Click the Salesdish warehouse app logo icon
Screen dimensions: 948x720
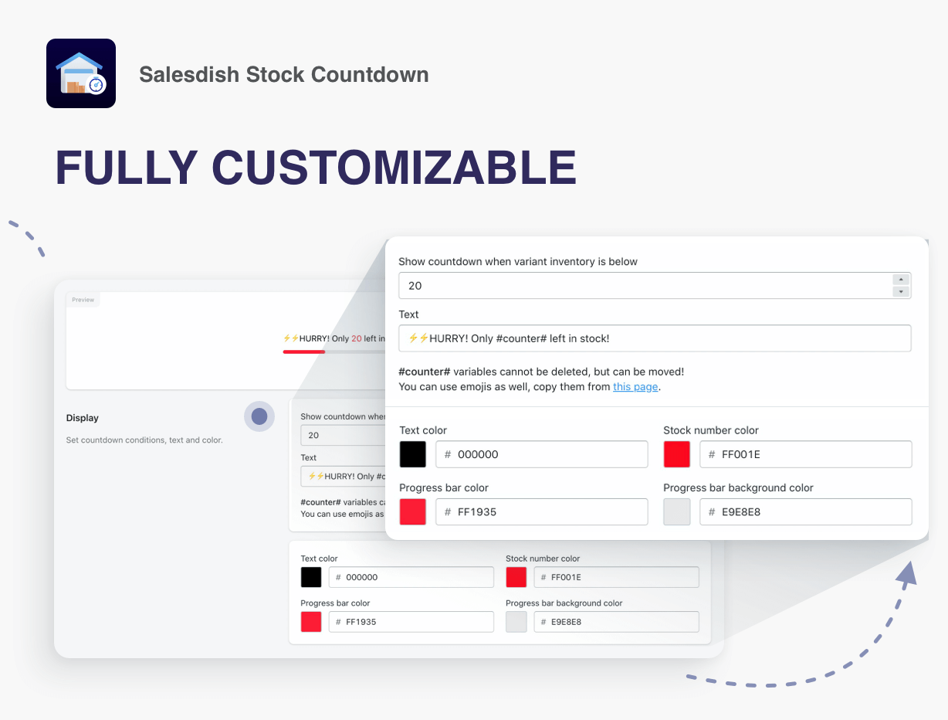81,73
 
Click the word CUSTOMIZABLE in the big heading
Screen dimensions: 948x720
394,167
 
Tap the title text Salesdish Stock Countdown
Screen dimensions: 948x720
284,74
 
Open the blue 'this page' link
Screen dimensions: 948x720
635,386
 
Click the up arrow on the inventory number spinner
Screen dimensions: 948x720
901,280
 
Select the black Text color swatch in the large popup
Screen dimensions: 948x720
412,454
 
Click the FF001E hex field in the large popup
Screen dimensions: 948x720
805,454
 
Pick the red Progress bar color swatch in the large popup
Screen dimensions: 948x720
412,511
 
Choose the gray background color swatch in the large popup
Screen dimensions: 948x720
676,511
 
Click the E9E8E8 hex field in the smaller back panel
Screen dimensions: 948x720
616,621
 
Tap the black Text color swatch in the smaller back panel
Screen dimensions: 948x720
311,577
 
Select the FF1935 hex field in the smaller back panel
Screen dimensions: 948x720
411,621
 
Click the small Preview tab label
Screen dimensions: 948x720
83,300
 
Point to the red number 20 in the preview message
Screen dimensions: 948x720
357,338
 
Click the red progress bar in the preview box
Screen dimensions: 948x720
303,352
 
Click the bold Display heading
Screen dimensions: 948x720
82,418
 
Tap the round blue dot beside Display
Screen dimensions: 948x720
259,416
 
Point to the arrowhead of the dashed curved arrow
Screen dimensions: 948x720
907,574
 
